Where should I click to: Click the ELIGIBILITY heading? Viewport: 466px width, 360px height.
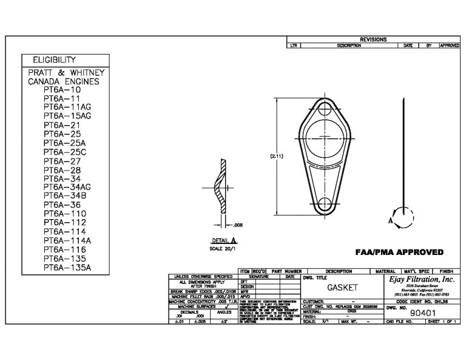[x=50, y=59]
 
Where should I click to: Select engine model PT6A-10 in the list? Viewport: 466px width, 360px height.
[x=62, y=90]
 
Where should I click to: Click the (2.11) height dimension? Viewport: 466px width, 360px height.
[x=277, y=156]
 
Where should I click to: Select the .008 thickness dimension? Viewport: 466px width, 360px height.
[x=238, y=225]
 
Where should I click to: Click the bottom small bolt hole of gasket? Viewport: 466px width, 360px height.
[x=323, y=203]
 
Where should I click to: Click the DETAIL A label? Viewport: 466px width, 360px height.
[x=224, y=241]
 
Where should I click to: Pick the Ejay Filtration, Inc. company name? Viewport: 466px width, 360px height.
[x=423, y=280]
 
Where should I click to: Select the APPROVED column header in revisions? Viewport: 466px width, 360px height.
[x=448, y=46]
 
